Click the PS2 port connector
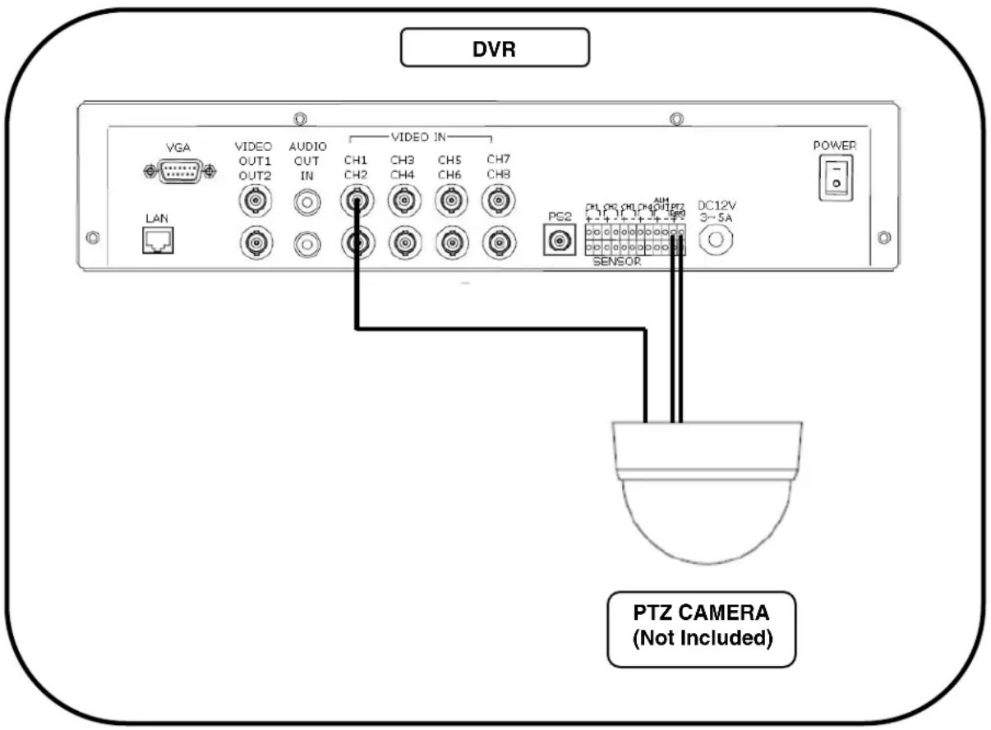[561, 241]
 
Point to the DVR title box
[495, 48]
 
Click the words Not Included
[701, 638]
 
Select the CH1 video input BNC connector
[357, 200]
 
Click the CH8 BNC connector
[497, 242]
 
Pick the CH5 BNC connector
[449, 200]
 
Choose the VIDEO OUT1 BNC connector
[252, 200]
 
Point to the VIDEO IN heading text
[422, 137]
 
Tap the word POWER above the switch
[835, 145]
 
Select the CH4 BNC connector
[403, 242]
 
